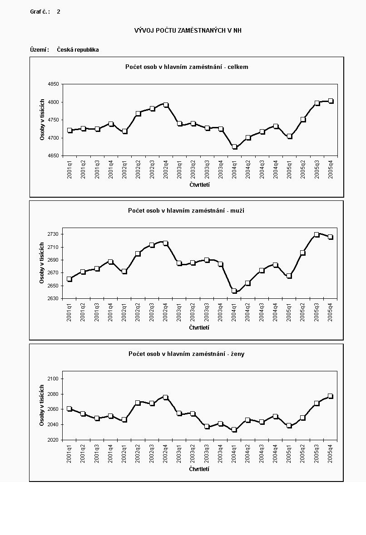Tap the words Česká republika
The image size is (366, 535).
[x=78, y=50]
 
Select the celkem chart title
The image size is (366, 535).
[x=187, y=67]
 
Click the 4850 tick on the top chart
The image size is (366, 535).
[x=53, y=84]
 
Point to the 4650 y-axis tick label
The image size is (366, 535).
[x=53, y=156]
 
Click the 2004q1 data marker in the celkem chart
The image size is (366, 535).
[x=235, y=147]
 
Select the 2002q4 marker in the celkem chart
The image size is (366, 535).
[x=166, y=105]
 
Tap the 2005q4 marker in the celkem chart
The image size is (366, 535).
[x=331, y=101]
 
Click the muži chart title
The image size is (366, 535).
[x=186, y=210]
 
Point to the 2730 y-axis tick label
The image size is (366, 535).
[x=53, y=234]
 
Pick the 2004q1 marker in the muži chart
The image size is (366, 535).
[x=234, y=291]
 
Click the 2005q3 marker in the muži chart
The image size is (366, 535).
[x=317, y=235]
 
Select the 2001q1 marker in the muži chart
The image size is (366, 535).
[x=69, y=279]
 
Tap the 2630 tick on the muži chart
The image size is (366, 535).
[x=53, y=298]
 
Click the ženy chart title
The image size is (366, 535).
[x=186, y=354]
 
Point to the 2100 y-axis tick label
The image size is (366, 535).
[x=53, y=379]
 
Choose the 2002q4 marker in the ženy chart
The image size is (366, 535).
[x=166, y=398]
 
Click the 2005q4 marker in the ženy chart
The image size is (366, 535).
[x=331, y=396]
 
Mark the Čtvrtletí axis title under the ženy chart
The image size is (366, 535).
[x=199, y=469]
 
